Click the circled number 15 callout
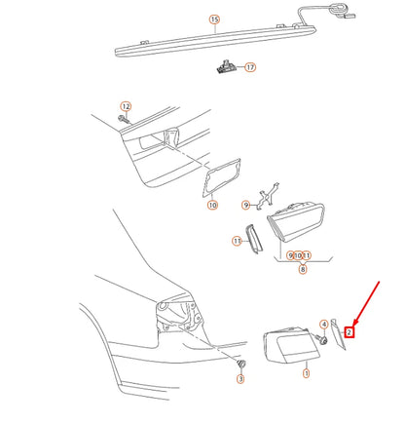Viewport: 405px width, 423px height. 214,19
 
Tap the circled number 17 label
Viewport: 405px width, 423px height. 250,67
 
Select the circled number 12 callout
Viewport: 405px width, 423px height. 126,106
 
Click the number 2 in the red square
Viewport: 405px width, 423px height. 349,332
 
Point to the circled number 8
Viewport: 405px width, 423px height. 303,269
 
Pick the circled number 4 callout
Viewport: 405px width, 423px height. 323,325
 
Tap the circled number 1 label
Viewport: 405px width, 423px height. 306,373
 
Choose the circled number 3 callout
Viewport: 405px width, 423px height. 240,378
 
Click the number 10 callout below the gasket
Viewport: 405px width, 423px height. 212,205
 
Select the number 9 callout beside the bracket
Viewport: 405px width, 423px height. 246,205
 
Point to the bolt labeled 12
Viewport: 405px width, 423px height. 124,119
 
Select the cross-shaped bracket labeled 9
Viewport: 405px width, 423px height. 267,196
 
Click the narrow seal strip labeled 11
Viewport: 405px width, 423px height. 253,239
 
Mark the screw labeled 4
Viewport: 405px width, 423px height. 321,339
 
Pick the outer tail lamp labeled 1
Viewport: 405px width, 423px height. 291,345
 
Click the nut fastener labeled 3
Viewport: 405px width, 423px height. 240,364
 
